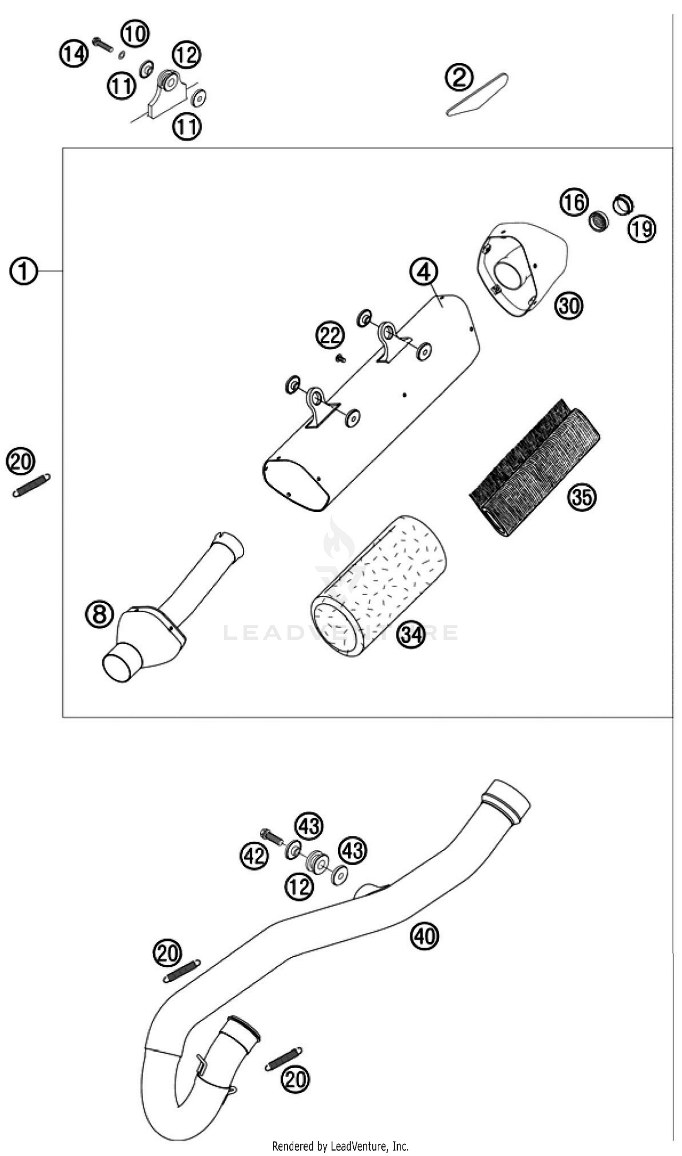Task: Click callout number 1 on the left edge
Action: (23, 271)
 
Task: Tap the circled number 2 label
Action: (459, 77)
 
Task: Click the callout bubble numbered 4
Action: (423, 272)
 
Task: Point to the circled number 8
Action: (99, 614)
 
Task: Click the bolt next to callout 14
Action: (102, 44)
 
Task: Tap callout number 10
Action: (135, 33)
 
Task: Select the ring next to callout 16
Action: (599, 222)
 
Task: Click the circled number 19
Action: (642, 228)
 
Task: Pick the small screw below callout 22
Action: (341, 358)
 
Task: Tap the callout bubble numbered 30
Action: (569, 306)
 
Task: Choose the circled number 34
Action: (411, 635)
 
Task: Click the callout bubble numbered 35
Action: (582, 497)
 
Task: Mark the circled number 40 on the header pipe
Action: (425, 935)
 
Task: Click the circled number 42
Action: (254, 856)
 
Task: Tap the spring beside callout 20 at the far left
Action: (31, 485)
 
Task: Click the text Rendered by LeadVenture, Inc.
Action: (341, 1146)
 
